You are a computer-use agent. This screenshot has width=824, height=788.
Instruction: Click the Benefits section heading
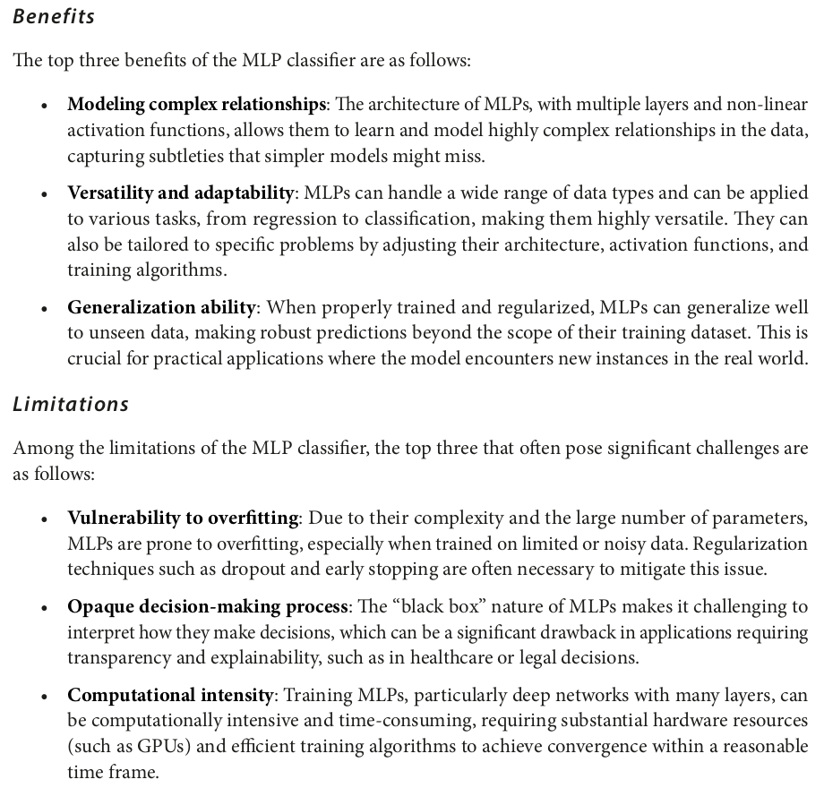(54, 17)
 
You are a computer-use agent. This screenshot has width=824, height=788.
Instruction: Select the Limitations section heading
(71, 404)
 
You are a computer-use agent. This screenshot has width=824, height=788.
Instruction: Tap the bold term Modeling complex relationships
(196, 105)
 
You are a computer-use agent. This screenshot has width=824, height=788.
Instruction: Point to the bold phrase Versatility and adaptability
(181, 193)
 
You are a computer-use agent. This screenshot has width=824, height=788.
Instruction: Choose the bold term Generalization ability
(162, 307)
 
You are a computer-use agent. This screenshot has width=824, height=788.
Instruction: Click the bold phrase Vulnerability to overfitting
(183, 518)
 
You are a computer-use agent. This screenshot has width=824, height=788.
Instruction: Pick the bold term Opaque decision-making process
(208, 606)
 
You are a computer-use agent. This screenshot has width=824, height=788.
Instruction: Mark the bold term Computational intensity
(170, 694)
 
